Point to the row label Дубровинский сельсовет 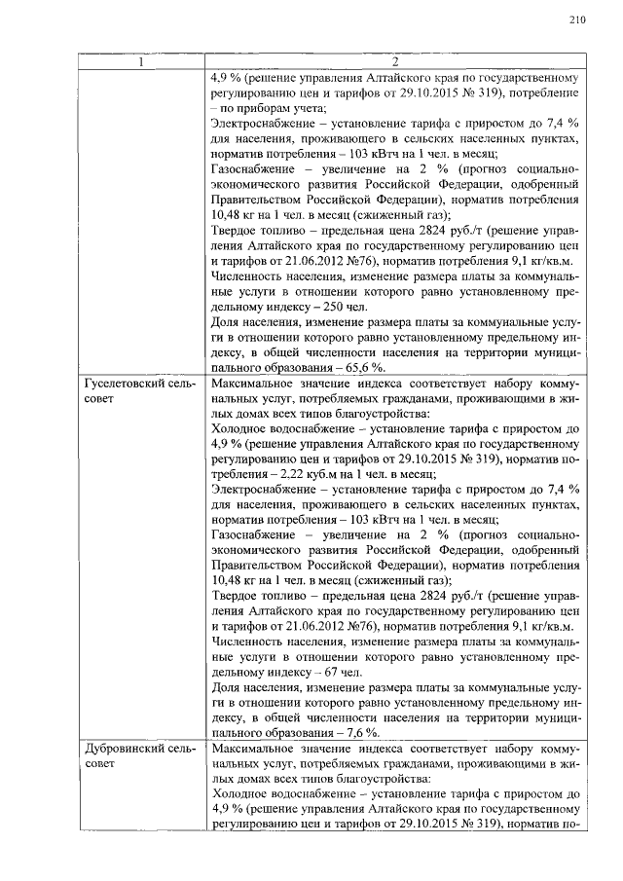(x=140, y=755)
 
